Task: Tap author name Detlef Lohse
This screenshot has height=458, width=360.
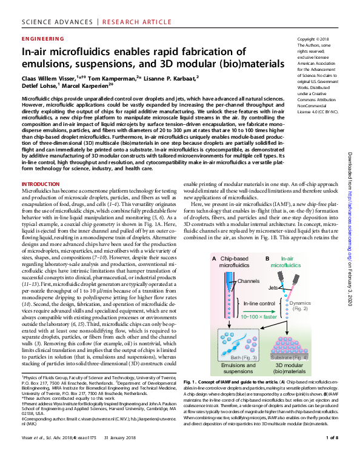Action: click(x=39, y=87)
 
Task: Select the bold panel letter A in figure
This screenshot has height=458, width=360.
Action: click(x=213, y=258)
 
